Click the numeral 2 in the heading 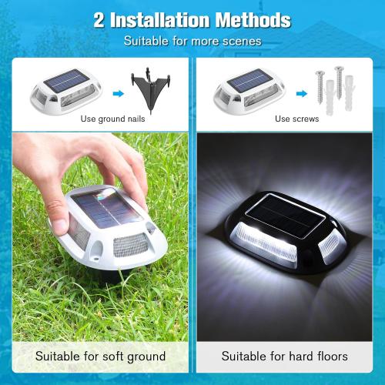coord(99,20)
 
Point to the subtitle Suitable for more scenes coord(192,40)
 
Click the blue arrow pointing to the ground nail coord(117,94)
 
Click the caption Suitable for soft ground coord(101,357)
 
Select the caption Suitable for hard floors coord(284,357)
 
